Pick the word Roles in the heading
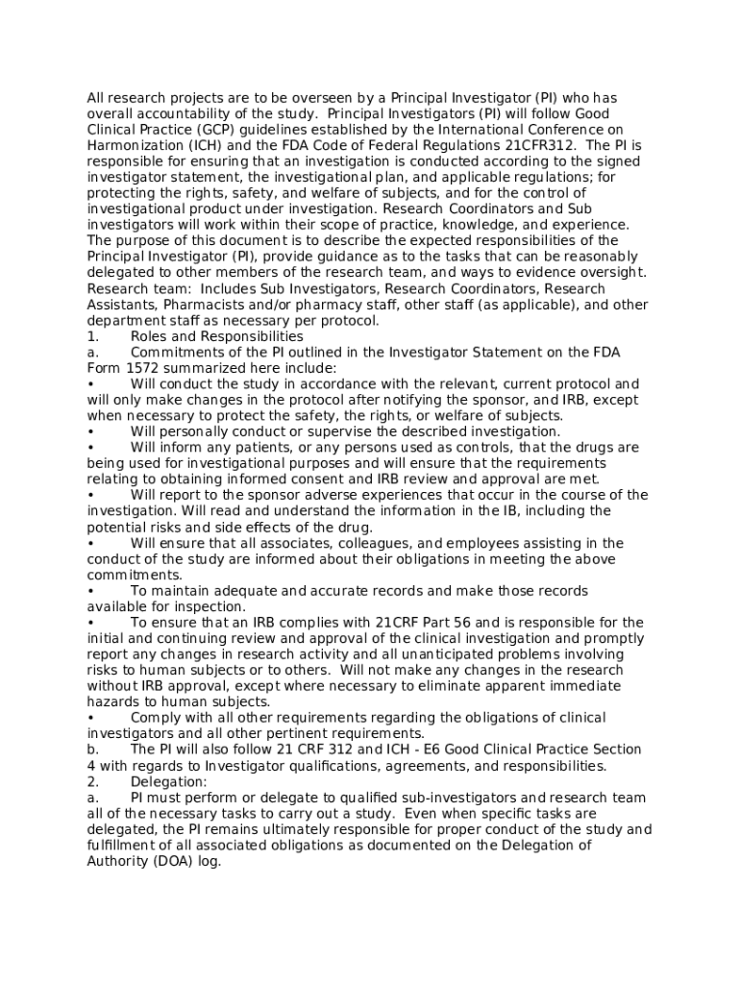point(148,336)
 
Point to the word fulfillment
point(126,846)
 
